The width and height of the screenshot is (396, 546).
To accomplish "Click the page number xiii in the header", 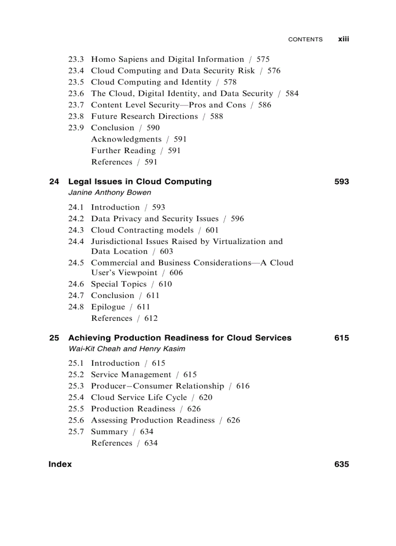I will [x=343, y=39].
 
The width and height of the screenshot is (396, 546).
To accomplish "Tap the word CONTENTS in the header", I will [x=305, y=39].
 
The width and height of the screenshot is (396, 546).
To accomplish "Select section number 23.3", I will [x=76, y=59].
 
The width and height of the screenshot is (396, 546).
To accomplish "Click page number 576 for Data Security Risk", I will [x=274, y=71].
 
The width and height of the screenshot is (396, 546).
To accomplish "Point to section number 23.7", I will [x=76, y=105].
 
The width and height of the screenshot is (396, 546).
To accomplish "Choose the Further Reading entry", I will [x=123, y=151].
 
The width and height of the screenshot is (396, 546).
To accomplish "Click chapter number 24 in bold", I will [x=54, y=182].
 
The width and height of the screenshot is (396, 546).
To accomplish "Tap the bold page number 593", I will [x=341, y=182].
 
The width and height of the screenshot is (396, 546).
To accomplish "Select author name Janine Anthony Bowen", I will [x=109, y=193].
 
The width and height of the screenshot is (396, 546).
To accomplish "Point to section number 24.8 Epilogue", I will [x=76, y=307].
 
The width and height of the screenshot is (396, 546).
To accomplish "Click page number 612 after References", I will [x=151, y=318].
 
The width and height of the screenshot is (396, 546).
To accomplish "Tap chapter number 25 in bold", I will [x=54, y=338].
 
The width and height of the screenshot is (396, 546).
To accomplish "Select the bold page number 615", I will [x=341, y=338].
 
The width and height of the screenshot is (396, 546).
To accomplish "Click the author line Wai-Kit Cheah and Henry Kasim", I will [x=126, y=349].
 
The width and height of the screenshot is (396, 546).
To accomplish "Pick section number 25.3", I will [x=76, y=386].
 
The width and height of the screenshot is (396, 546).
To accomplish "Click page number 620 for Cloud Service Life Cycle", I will [x=205, y=398].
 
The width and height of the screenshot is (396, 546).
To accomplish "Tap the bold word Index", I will [x=60, y=464].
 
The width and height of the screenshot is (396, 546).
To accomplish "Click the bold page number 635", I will [x=341, y=464].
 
